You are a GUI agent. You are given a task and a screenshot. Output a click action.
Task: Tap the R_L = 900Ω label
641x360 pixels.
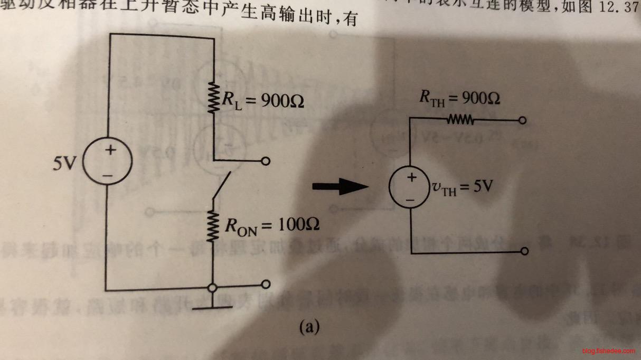pos(262,100)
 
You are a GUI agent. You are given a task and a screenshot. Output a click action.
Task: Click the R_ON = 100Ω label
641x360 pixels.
pos(271,225)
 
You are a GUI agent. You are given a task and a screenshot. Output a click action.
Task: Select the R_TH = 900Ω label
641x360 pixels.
pos(459,98)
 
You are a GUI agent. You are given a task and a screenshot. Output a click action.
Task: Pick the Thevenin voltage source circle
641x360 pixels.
pos(410,188)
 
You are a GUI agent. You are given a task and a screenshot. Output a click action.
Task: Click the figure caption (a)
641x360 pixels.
pos(309,327)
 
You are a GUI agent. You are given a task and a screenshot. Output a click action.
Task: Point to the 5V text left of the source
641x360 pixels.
pos(67,164)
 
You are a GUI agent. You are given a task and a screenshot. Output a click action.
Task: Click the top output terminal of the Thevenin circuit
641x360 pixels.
pos(523,121)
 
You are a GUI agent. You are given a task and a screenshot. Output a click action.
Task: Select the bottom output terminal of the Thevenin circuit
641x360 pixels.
pos(524,252)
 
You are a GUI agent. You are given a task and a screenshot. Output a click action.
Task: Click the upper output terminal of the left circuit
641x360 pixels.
pos(266,161)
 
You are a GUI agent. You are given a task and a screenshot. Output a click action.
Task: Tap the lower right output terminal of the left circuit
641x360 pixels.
pos(266,284)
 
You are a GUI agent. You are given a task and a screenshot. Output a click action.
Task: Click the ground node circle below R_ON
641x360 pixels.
pos(212,288)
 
